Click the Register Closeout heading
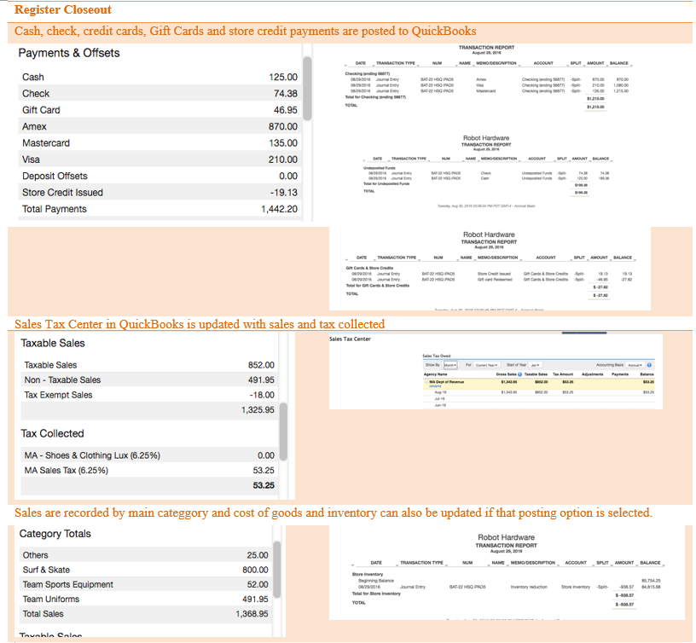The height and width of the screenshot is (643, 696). coord(62,10)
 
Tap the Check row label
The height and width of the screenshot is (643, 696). coord(36,94)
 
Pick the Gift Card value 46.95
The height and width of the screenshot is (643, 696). coord(285,110)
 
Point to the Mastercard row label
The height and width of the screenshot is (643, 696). coord(46,143)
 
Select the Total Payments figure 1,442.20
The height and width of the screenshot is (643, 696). coord(278,209)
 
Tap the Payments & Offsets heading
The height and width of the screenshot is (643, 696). coord(69,53)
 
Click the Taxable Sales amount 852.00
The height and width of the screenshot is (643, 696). coord(260,365)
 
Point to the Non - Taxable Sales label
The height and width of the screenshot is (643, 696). coord(62,380)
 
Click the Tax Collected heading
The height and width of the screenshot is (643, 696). coord(52,433)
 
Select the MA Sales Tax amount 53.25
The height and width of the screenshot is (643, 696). coord(263,470)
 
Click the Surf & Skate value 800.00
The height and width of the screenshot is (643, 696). coord(255,570)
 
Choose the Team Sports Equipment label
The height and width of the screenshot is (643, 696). coord(68,584)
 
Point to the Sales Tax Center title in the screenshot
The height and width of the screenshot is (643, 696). coord(350,339)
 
